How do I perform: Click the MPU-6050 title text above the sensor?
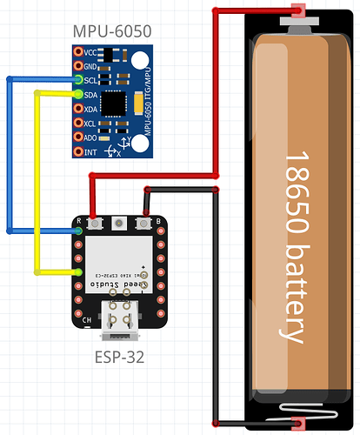114,32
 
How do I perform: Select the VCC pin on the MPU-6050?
78,52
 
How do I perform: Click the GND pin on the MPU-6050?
78,66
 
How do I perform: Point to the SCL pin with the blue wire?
78,80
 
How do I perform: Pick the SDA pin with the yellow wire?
78,94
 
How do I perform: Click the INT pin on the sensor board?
78,151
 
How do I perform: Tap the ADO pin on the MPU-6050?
78,137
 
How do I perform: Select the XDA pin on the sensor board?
78,109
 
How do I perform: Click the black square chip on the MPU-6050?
114,104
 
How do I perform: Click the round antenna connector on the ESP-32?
117,224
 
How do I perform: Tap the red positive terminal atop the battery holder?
298,11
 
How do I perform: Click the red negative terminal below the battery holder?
298,424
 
